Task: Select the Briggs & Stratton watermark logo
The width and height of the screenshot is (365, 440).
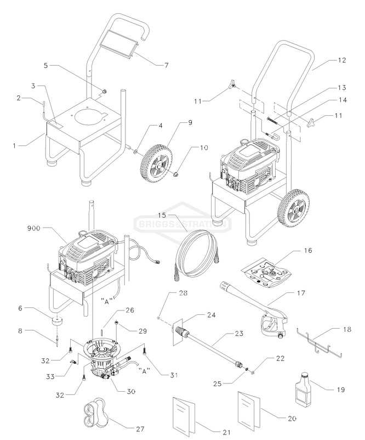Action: (182, 223)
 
